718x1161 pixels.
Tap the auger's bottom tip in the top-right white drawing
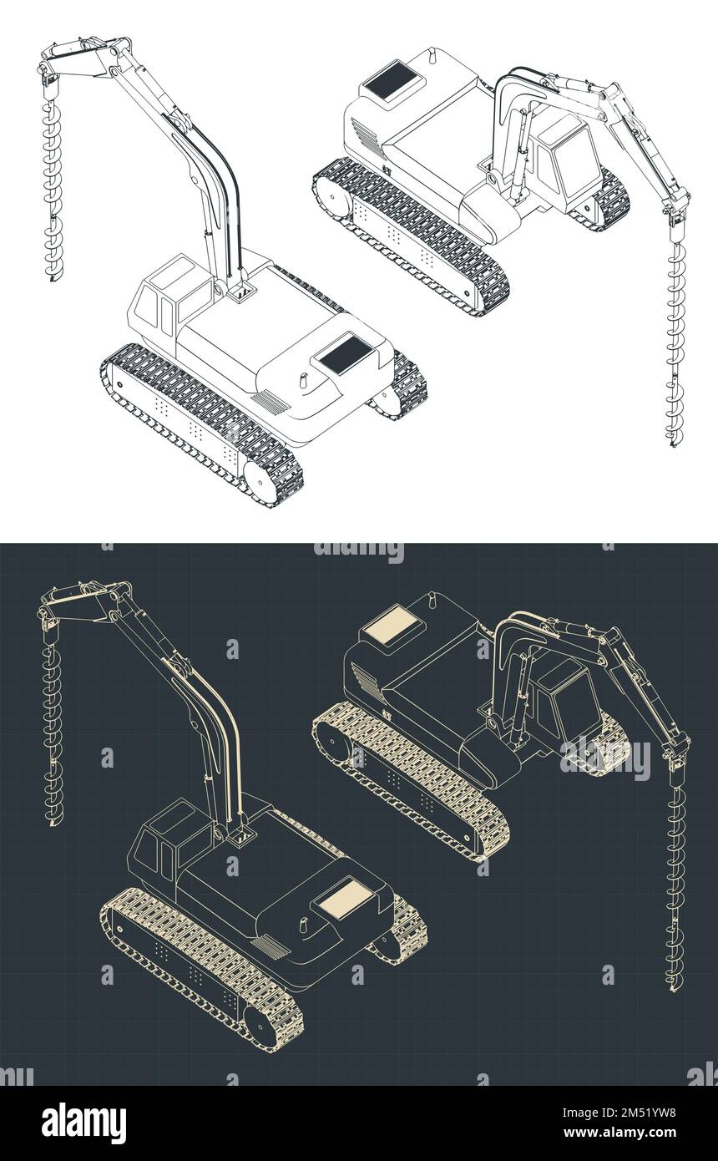coord(673,443)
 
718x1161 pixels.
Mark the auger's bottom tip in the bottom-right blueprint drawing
coord(673,987)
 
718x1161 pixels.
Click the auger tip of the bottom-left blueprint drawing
coord(53,823)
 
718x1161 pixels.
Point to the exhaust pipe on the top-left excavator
coord(303,379)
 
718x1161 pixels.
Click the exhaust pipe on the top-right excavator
coord(432,55)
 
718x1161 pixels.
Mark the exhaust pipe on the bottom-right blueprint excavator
coord(432,600)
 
